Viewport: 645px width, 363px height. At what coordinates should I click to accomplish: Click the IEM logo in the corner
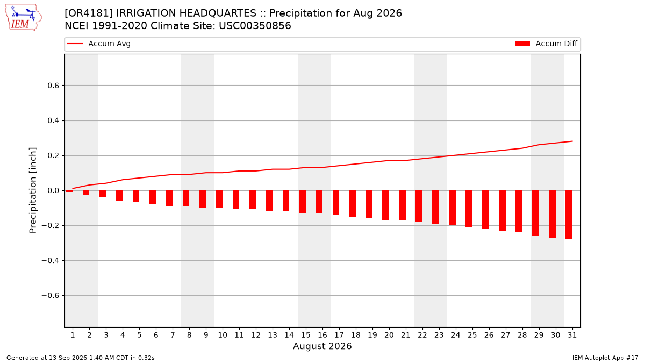(x=23, y=18)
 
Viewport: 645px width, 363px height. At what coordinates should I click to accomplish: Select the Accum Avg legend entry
(x=99, y=44)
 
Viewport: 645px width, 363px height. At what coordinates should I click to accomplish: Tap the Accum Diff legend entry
(x=546, y=44)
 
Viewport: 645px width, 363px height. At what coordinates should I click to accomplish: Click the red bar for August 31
(x=569, y=215)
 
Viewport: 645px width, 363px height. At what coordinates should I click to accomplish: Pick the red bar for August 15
(x=302, y=202)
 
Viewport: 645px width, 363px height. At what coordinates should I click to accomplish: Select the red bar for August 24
(x=452, y=208)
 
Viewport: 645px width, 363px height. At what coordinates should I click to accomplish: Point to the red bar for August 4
(x=119, y=196)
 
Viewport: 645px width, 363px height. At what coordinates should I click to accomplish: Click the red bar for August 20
(x=385, y=205)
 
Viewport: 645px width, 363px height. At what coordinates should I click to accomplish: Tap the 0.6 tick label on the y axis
(x=53, y=86)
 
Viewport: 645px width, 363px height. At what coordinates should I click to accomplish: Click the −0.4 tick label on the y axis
(x=51, y=261)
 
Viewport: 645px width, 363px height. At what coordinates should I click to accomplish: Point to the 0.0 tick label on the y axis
(x=53, y=191)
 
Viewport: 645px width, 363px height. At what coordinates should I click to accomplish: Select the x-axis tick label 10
(x=223, y=336)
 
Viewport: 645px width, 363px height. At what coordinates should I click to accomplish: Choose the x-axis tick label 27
(x=505, y=336)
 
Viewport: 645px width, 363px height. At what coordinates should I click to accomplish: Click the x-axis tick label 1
(x=73, y=336)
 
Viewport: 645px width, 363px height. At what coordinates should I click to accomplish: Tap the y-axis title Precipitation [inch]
(x=33, y=190)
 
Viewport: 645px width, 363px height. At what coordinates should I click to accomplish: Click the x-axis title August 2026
(x=322, y=346)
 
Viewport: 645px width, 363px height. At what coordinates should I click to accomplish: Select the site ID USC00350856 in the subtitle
(x=255, y=26)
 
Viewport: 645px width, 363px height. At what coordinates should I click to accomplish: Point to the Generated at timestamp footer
(x=80, y=358)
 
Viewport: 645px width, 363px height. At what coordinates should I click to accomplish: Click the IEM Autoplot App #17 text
(x=605, y=358)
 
